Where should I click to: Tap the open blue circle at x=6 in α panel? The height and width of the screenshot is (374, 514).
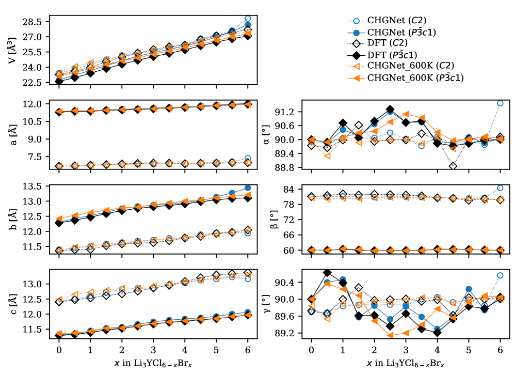point(500,103)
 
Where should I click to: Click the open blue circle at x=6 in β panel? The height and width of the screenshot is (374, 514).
point(500,188)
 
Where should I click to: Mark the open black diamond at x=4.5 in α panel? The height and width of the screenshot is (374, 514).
point(453,166)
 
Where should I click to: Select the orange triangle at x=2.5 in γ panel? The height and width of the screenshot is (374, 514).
point(390,335)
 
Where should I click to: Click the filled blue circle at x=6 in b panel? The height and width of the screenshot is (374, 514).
point(247,188)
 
